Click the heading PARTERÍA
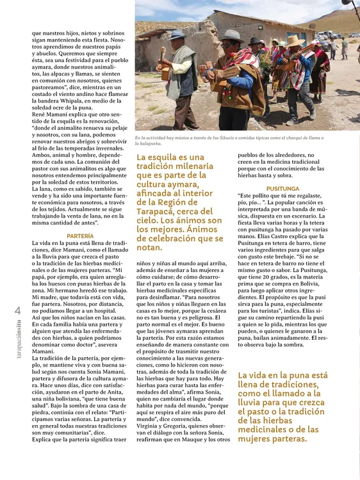tap(80, 236)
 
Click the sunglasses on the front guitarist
tap(231, 43)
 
